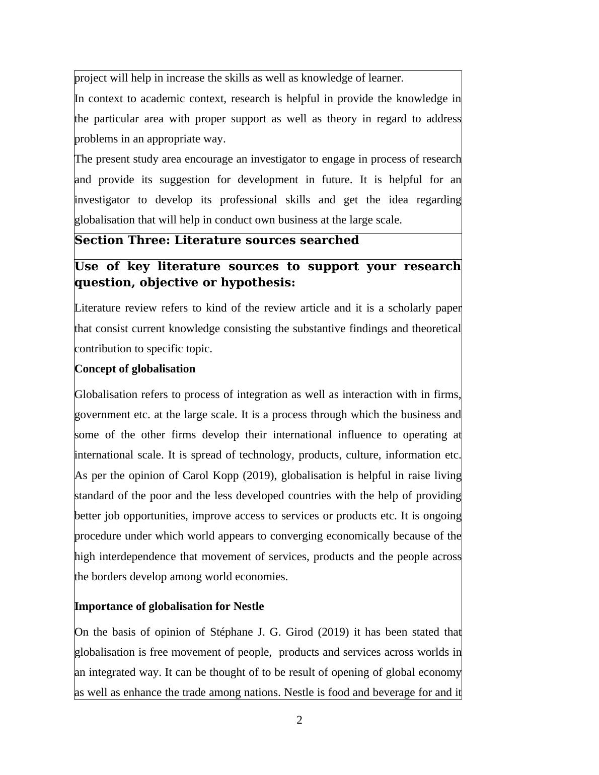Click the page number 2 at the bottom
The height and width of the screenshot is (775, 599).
pos(299,720)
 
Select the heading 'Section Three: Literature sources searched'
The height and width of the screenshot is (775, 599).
pos(216,241)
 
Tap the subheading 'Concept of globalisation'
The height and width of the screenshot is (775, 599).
pos(135,369)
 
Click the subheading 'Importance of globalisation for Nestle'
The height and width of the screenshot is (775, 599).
pos(169,606)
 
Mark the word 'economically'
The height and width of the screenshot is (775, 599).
pos(358,536)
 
